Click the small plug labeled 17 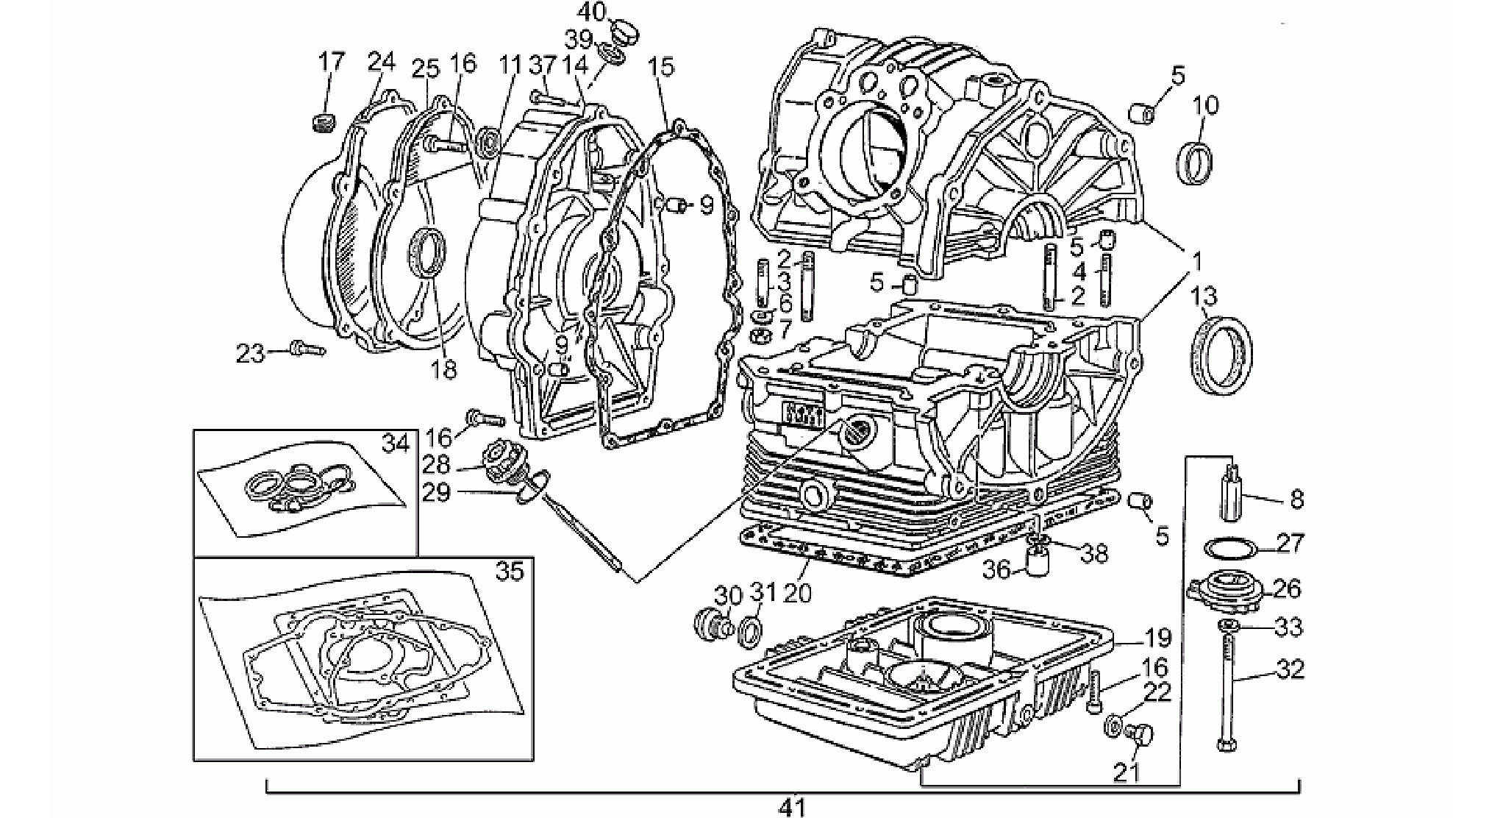pos(324,122)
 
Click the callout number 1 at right pos(1196,260)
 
